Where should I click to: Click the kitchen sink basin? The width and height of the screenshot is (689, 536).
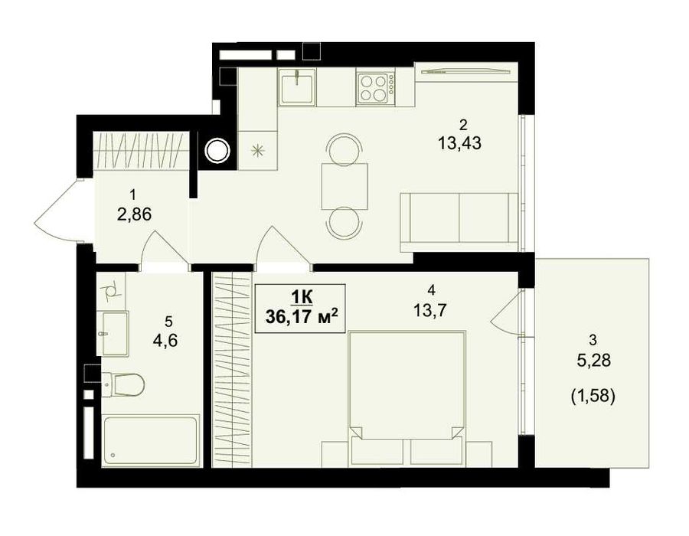click(x=296, y=88)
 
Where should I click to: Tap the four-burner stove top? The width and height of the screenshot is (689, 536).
click(x=376, y=88)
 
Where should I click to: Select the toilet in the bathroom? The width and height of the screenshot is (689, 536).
click(x=122, y=385)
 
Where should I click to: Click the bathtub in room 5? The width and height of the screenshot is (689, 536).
click(x=150, y=440)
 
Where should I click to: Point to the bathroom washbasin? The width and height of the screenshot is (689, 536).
click(x=113, y=333)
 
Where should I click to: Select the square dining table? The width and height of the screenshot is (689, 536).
click(x=344, y=186)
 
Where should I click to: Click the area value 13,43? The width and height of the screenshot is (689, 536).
click(x=459, y=142)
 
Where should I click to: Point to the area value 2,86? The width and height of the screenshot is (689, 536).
click(x=134, y=214)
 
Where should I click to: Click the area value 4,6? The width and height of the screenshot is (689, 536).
click(x=165, y=341)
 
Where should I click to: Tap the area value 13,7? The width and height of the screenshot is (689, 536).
click(x=429, y=311)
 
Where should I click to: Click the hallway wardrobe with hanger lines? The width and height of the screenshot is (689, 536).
click(x=140, y=151)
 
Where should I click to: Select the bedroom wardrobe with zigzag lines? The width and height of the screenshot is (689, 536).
click(x=232, y=370)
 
